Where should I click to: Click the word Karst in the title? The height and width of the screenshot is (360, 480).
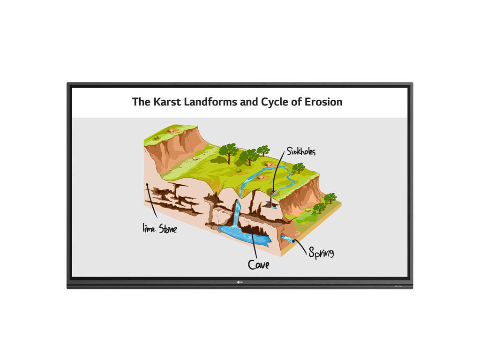[x=167, y=102]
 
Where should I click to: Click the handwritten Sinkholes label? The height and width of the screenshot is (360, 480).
[x=301, y=151]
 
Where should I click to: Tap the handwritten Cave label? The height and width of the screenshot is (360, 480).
[x=259, y=264]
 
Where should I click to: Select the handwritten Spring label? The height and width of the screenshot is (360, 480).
[x=321, y=253]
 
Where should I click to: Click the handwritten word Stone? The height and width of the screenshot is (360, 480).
[x=168, y=228]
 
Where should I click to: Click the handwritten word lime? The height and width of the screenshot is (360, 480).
[x=149, y=228]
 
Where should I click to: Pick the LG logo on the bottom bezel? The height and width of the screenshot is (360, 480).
[x=240, y=282]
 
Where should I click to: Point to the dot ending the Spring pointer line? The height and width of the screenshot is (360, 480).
[x=293, y=241]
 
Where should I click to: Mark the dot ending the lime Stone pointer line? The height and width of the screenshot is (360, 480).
[x=147, y=185]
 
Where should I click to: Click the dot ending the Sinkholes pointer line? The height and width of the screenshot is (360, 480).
[x=273, y=192]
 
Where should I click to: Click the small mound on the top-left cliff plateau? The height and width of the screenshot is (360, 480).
[x=172, y=130]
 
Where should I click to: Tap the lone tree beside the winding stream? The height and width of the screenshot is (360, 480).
[x=298, y=168]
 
